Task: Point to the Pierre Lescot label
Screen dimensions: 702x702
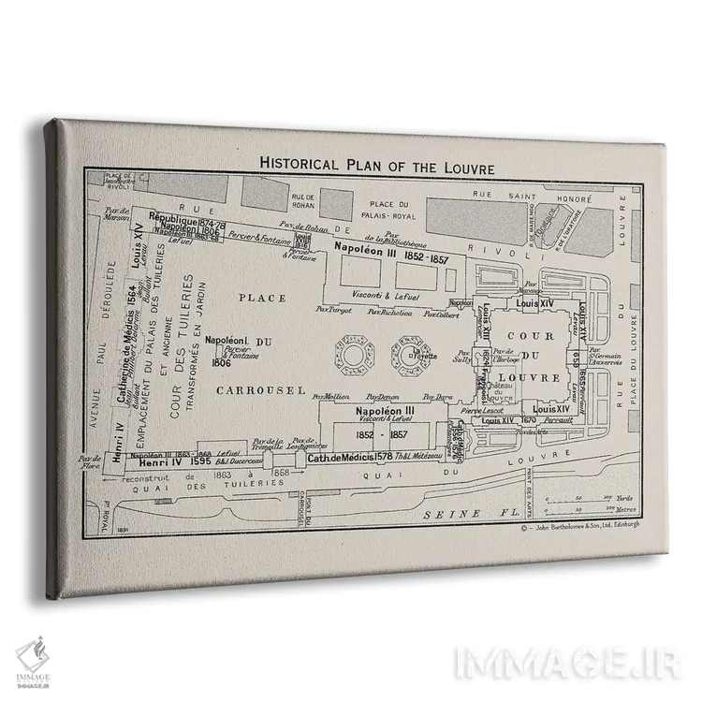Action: (483, 410)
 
